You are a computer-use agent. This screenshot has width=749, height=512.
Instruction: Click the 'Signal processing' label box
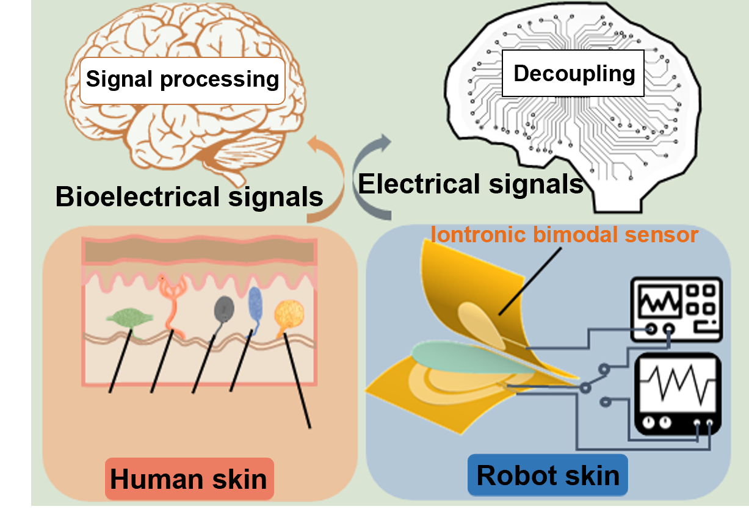[x=183, y=80]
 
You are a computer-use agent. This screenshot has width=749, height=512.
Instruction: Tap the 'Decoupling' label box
[x=573, y=74]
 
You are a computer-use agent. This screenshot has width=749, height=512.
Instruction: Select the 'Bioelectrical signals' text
[x=189, y=197]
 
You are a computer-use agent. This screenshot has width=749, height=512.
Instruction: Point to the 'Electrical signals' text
[x=471, y=183]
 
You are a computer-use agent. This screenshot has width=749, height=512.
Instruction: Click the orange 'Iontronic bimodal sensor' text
[x=564, y=234]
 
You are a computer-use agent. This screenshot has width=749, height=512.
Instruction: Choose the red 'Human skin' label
[x=189, y=479]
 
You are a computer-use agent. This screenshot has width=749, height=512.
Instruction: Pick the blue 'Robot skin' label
[x=547, y=475]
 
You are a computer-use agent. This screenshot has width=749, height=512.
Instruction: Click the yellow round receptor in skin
[x=288, y=315]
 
